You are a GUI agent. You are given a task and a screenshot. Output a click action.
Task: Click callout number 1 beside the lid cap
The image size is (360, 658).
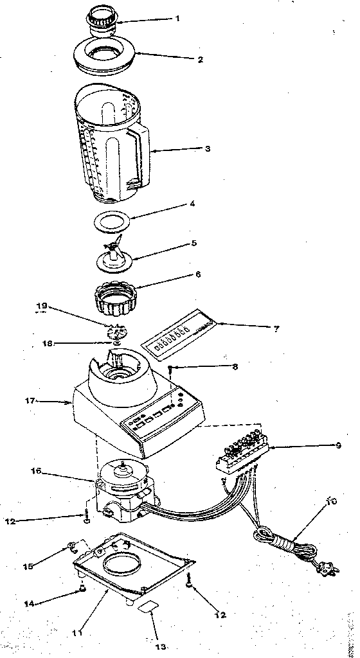point(177,18)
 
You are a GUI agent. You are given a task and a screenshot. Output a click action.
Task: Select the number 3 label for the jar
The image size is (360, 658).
point(207,148)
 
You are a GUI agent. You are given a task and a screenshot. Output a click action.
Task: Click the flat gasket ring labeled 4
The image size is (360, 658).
point(113,222)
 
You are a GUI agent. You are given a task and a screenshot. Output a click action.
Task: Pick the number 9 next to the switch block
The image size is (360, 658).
point(337,445)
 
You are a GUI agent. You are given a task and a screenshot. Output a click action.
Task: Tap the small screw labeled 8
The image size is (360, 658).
point(169,369)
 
